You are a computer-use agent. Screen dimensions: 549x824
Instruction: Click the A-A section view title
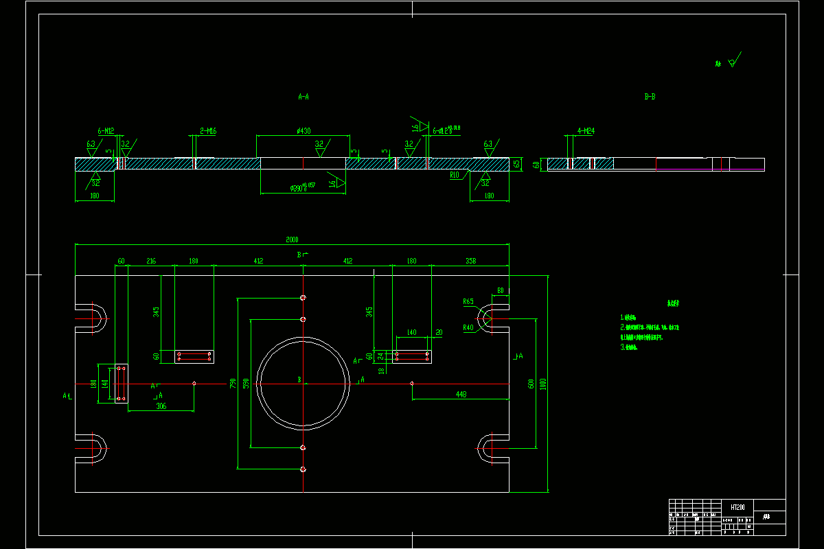304,97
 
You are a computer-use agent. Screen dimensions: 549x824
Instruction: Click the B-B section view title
650,97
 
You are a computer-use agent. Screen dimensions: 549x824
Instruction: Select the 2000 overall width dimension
292,240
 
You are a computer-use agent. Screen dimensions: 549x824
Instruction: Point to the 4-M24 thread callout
586,130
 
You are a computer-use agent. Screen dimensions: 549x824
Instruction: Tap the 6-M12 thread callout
106,130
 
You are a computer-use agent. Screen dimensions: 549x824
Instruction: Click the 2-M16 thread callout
209,130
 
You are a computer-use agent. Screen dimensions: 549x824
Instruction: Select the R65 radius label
468,301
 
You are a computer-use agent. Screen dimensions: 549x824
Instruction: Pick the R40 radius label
468,327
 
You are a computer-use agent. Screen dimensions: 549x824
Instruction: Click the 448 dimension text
461,394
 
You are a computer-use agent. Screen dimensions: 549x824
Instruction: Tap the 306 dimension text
161,406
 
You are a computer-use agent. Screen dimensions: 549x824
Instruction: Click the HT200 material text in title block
738,507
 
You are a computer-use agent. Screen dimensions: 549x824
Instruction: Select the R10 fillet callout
455,175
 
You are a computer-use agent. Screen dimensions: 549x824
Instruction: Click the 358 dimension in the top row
470,261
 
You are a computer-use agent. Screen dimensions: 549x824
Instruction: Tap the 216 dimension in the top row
151,261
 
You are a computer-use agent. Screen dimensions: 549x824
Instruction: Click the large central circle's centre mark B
299,379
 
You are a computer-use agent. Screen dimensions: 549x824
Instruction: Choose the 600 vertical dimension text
531,384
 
